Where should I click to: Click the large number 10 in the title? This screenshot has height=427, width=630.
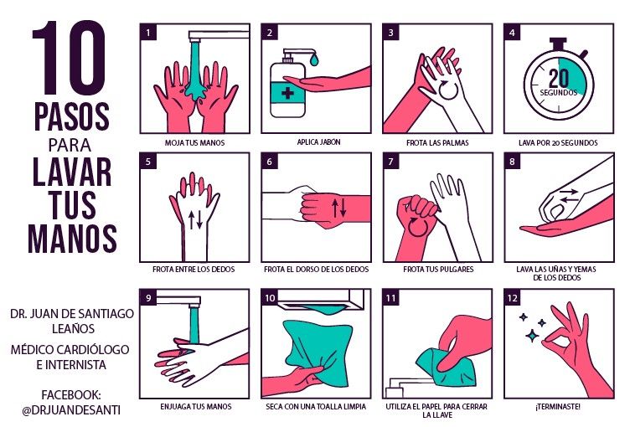coord(69,58)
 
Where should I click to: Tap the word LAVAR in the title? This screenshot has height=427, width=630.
coord(72,172)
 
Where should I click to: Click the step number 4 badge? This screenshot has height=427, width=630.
coord(512,32)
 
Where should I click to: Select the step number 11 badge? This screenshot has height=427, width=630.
coord(390,298)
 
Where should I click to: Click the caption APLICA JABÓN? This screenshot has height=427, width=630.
coord(318,141)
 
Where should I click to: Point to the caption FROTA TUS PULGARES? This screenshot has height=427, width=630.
coord(438,269)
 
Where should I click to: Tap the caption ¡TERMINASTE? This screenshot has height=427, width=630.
coord(558,407)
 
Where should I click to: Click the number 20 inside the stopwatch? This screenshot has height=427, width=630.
coord(559,78)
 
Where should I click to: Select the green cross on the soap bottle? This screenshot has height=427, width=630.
coord(287,94)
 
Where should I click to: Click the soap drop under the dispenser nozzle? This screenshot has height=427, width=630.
coord(314,60)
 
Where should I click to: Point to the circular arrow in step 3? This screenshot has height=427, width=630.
coord(448,90)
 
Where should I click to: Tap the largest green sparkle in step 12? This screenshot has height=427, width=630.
coord(533,336)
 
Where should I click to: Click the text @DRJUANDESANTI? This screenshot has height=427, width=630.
coord(71,410)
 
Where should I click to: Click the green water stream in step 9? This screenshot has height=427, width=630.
coord(194,326)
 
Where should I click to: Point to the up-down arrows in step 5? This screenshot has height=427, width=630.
coord(195,219)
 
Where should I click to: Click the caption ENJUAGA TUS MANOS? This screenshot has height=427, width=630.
coord(196,407)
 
